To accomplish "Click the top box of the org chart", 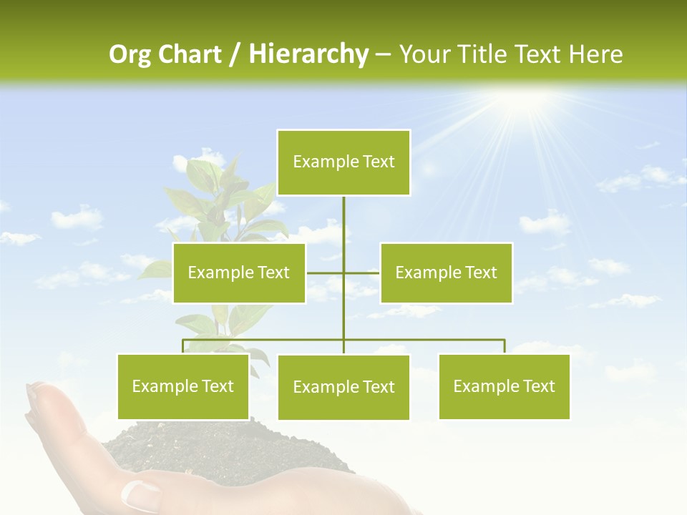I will click(x=343, y=162).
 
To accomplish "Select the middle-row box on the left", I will click(x=239, y=273).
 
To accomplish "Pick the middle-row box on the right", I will click(x=446, y=273).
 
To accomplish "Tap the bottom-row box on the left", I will click(x=183, y=386).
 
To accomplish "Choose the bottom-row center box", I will click(x=343, y=387).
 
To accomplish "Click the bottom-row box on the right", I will click(x=504, y=386).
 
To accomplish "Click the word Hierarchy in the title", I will click(x=308, y=54).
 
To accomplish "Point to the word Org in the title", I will click(x=130, y=54).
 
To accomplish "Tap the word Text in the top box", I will click(x=378, y=162).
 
